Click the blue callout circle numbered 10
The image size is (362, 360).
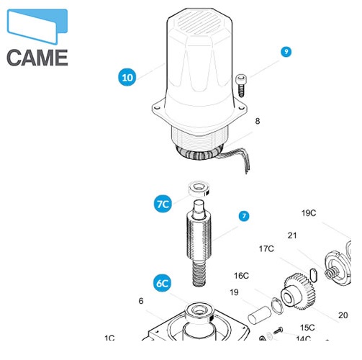tap(127, 77)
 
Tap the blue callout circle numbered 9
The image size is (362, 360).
tap(286, 52)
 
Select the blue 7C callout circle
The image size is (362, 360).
tap(163, 204)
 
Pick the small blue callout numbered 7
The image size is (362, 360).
tap(244, 216)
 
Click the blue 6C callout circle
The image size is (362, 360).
tap(163, 283)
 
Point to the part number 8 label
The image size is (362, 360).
tap(258, 121)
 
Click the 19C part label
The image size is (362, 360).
tap(309, 213)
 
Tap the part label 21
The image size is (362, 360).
tap(292, 235)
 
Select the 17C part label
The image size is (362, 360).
tap(266, 248)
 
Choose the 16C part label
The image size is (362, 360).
tap(241, 276)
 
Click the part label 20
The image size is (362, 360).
tap(343, 315)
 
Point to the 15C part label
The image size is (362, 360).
tap(307, 328)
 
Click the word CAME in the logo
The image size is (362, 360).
tap(37, 58)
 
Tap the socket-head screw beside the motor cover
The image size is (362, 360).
tap(240, 86)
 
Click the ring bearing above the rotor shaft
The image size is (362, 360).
tap(199, 189)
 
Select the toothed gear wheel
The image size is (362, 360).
tap(298, 292)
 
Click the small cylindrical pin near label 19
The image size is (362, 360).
tap(259, 315)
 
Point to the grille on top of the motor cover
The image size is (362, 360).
tap(199, 23)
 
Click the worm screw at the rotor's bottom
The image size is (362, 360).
tap(199, 274)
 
